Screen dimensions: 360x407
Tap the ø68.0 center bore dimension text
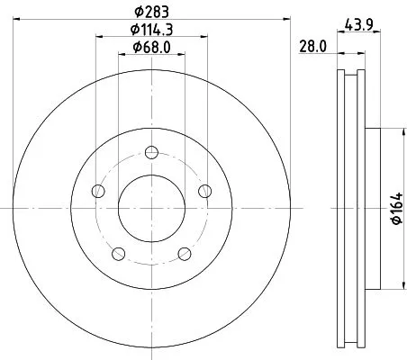(x=150, y=47)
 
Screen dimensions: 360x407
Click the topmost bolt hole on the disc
(x=151, y=150)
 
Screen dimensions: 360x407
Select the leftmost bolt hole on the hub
(x=97, y=190)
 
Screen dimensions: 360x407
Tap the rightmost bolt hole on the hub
(x=205, y=190)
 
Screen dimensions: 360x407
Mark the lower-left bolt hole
(x=118, y=253)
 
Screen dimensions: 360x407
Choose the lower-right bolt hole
(x=185, y=253)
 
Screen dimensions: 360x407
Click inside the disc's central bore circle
(x=151, y=207)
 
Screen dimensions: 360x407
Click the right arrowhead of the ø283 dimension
(x=285, y=17)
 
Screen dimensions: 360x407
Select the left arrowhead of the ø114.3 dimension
(x=96, y=37)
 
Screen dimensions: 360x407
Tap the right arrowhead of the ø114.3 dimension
(x=206, y=37)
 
